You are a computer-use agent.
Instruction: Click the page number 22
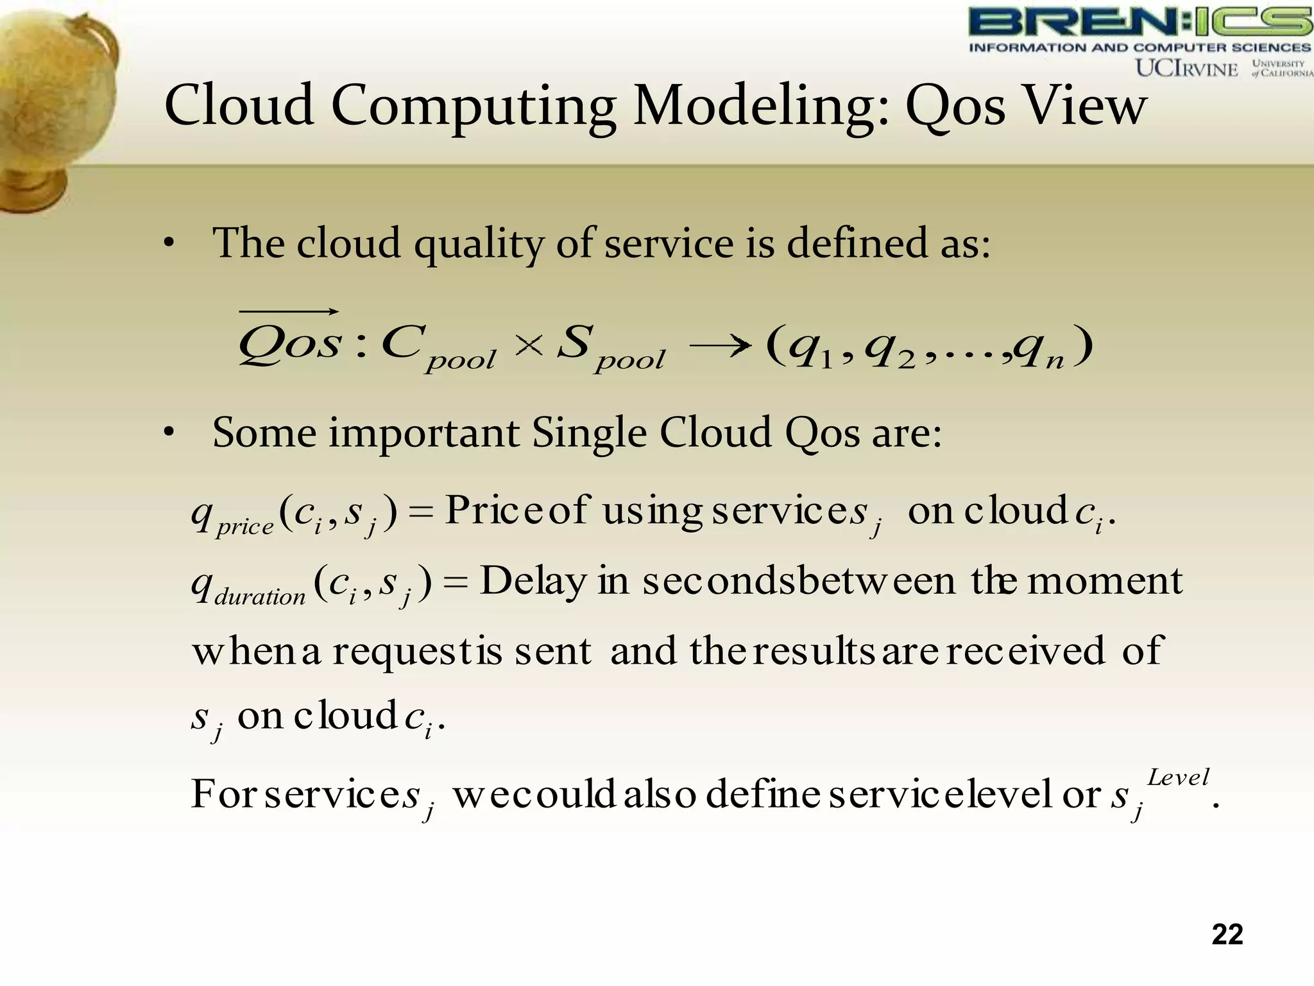point(1227,934)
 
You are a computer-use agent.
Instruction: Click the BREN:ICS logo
point(1139,23)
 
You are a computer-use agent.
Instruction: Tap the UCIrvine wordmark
point(1186,69)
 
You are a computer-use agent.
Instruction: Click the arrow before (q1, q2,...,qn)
point(719,346)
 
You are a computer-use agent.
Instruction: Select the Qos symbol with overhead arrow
point(289,340)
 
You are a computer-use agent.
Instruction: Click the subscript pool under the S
point(630,360)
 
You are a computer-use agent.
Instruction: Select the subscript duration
point(260,598)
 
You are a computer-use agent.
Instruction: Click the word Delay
point(533,581)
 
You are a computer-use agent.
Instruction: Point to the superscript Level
point(1178,777)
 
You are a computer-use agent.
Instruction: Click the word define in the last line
point(762,795)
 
